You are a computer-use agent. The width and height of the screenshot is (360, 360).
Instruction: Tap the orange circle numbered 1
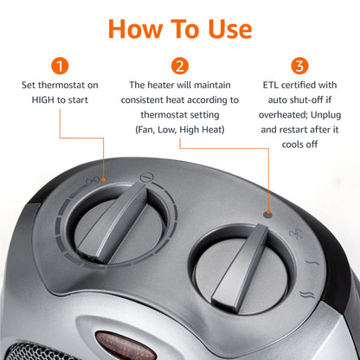(x=59, y=66)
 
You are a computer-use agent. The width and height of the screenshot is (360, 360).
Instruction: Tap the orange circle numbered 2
(x=180, y=66)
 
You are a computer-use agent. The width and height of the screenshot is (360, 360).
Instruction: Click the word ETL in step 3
(x=271, y=86)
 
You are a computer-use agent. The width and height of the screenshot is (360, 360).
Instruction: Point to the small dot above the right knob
(x=268, y=211)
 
